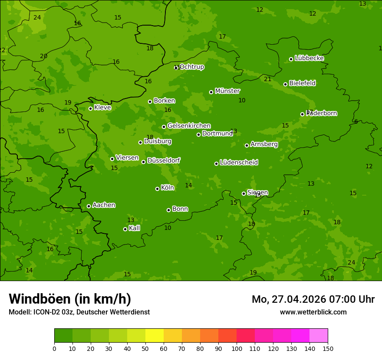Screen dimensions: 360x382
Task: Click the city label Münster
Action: [x=227, y=91]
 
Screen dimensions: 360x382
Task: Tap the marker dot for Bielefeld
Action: [x=285, y=84]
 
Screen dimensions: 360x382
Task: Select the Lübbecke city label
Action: [x=309, y=58]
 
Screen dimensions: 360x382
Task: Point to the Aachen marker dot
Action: [x=89, y=206]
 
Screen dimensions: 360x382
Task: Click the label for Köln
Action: [x=168, y=188]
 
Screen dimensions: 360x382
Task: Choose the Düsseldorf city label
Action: [x=164, y=160]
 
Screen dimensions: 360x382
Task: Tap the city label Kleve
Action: [x=102, y=108]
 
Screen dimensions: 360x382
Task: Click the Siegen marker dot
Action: [x=244, y=193]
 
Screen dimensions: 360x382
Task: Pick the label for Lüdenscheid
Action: [x=239, y=163]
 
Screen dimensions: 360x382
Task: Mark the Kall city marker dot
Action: [x=125, y=229]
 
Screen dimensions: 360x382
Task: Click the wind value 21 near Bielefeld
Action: [x=267, y=79]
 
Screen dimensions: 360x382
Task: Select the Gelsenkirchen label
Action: [x=189, y=126]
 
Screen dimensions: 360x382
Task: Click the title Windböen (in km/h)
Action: [x=70, y=299]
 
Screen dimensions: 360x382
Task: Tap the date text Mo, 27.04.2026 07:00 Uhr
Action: [x=313, y=299]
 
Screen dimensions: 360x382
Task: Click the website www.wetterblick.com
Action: [x=313, y=312]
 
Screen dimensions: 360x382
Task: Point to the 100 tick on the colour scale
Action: [x=237, y=348]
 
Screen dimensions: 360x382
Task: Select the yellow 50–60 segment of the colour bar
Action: [x=155, y=336]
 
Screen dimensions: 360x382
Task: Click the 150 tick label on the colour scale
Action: [x=328, y=348]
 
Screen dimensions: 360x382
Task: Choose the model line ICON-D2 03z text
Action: [x=79, y=312]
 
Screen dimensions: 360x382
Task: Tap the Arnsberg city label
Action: [x=264, y=144]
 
